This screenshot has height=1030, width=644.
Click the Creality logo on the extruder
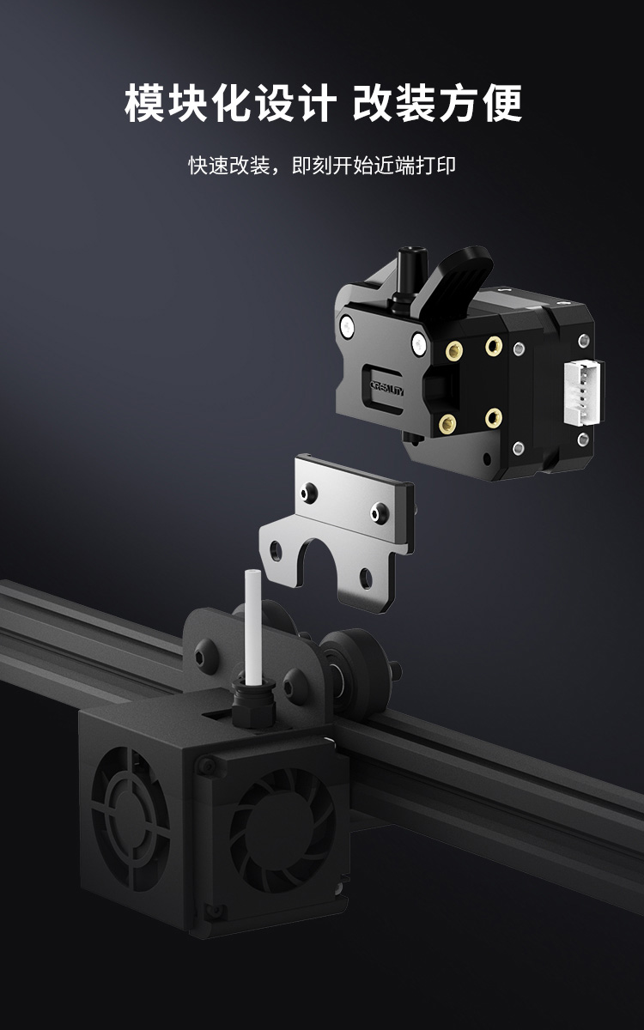pos(387,389)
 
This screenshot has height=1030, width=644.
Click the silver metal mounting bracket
pos(340,529)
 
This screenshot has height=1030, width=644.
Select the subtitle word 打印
pos(435,166)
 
